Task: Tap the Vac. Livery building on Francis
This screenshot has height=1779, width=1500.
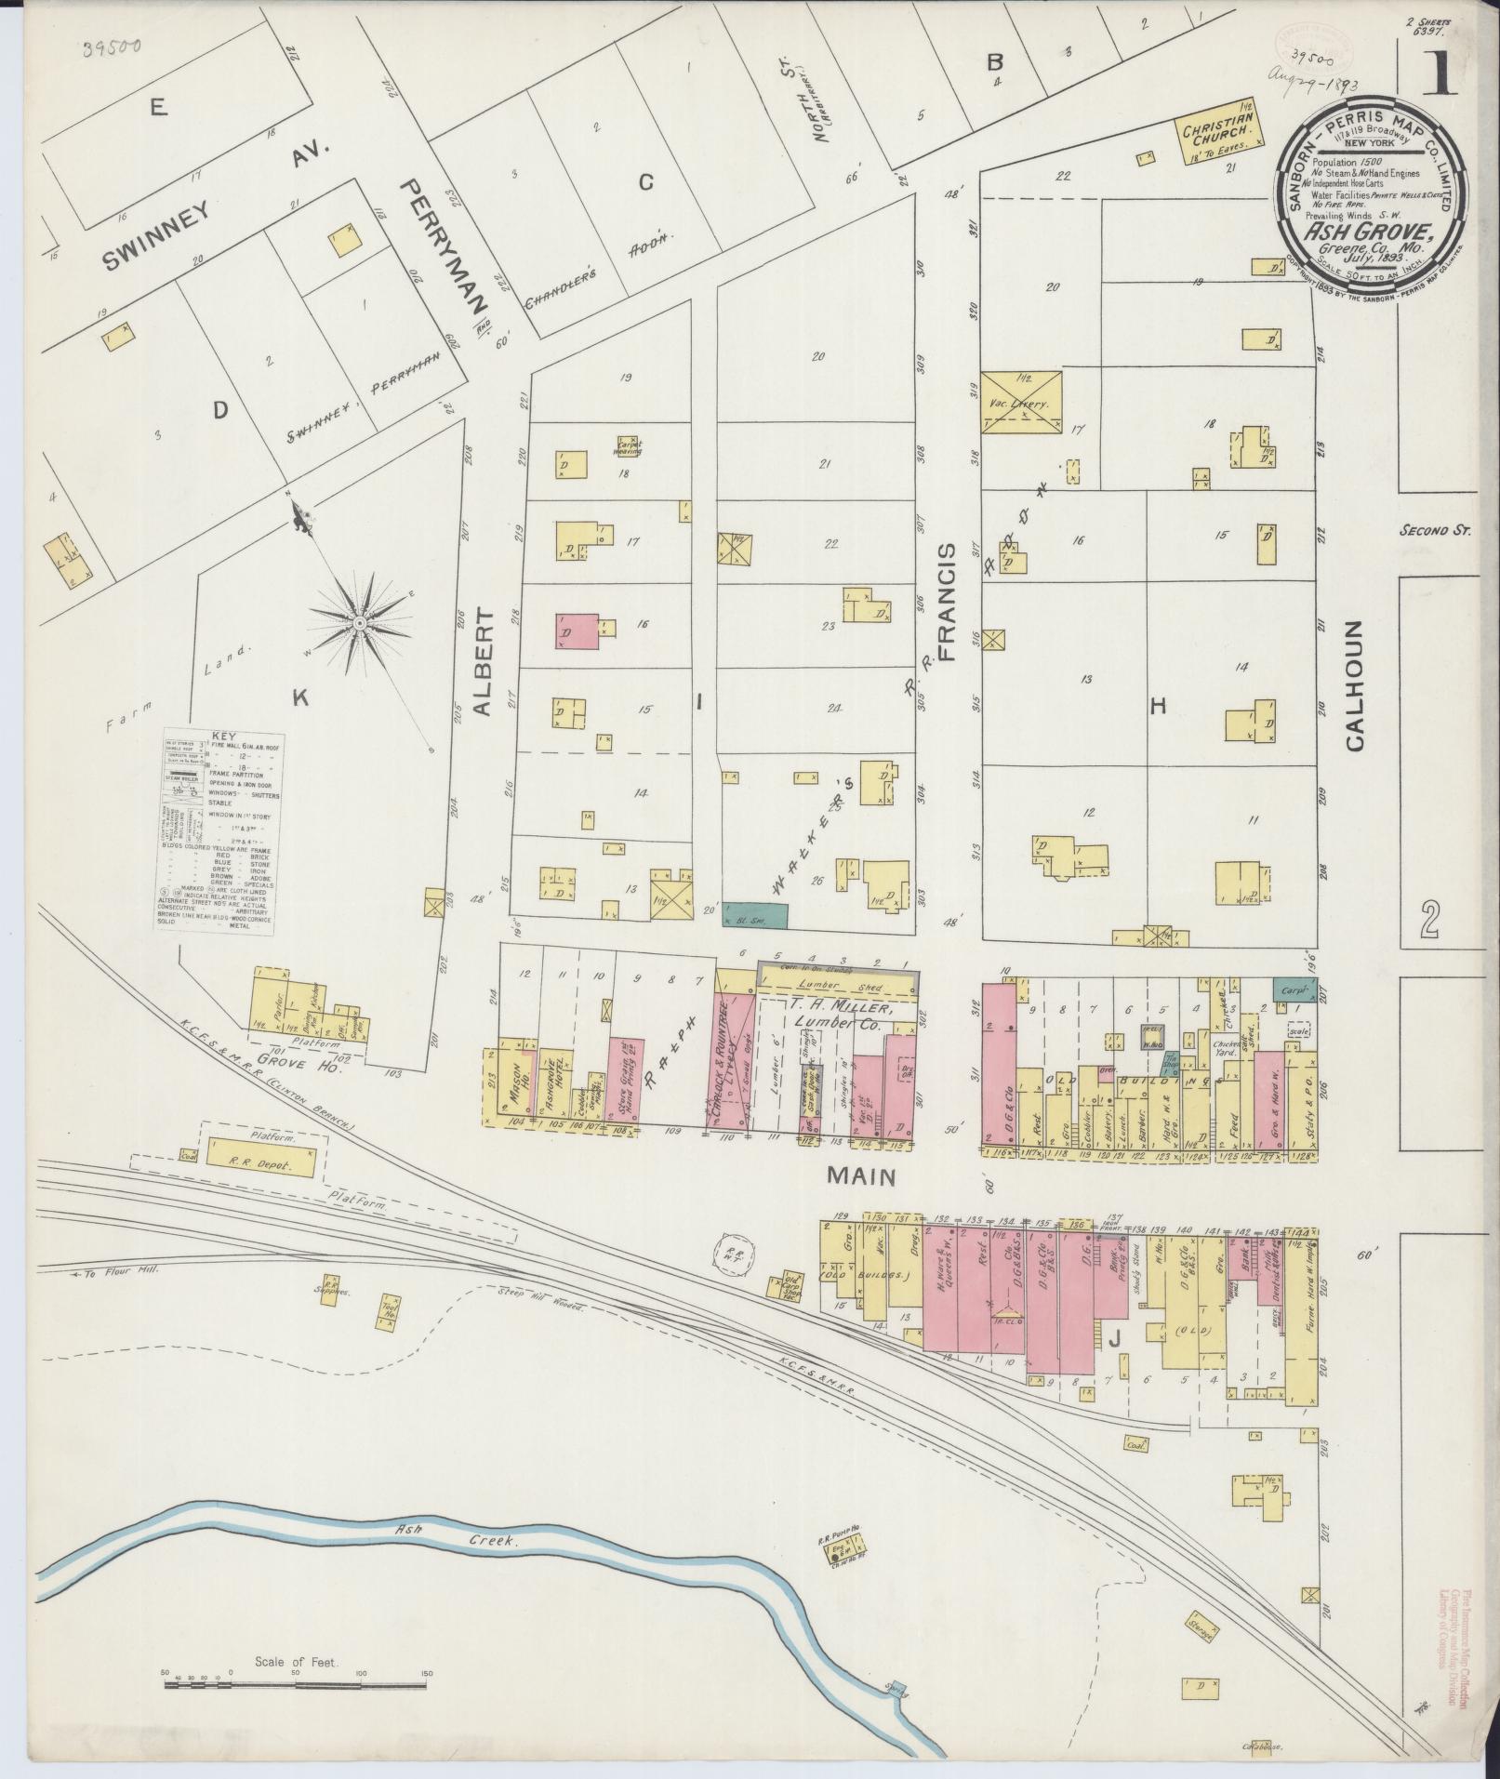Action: (x=1021, y=403)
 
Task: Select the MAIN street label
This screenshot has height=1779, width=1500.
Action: (x=861, y=1176)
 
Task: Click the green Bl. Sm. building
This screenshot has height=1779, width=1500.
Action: (x=754, y=914)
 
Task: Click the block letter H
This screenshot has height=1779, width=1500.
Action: (x=1157, y=707)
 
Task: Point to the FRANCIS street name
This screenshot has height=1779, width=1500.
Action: (x=946, y=602)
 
